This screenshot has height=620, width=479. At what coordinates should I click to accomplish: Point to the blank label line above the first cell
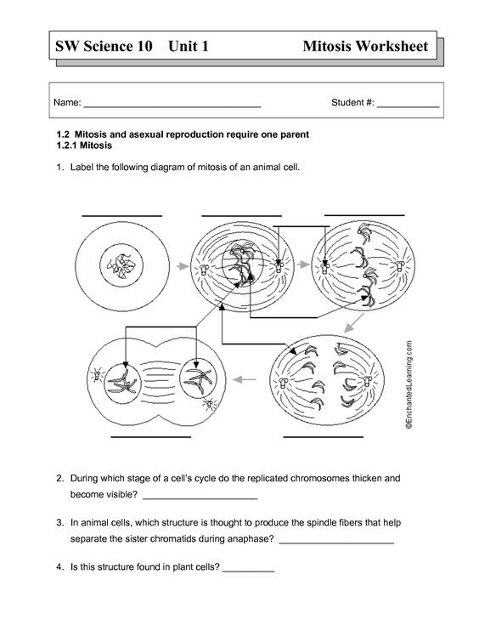[122, 216]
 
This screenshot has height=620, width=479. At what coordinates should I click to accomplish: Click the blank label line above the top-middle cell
[242, 216]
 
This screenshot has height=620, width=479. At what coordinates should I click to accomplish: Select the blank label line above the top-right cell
[364, 214]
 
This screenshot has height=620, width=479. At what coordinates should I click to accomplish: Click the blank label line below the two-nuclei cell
[151, 437]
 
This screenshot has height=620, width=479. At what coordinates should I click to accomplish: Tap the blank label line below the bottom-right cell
[316, 437]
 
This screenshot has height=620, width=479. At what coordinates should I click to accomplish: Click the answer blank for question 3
[336, 542]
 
